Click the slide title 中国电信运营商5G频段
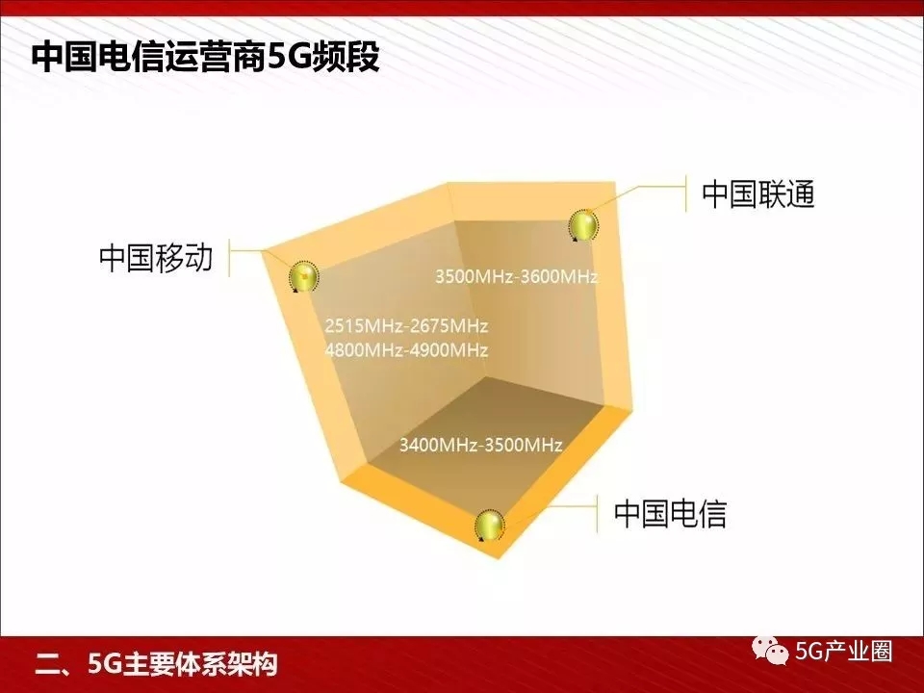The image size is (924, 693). click(206, 57)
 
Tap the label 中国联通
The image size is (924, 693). click(758, 193)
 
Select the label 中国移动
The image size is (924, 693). click(156, 258)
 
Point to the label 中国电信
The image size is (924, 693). click(671, 513)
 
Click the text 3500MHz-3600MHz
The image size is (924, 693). click(517, 276)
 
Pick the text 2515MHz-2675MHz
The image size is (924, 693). click(406, 325)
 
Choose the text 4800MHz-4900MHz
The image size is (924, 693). click(406, 350)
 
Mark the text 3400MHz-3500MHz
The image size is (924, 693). click(481, 445)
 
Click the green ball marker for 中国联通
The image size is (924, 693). click(583, 225)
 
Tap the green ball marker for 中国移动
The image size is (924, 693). click(303, 276)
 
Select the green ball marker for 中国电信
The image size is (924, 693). click(490, 525)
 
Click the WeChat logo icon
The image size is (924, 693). click(770, 652)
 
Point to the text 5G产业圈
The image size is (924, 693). click(844, 652)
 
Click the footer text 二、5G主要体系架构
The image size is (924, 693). click(156, 664)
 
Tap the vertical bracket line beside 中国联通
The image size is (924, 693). click(686, 193)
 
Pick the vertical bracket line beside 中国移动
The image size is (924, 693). click(229, 258)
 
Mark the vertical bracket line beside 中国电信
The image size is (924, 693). click(597, 513)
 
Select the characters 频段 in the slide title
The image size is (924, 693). click(346, 57)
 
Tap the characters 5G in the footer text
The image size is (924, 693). click(104, 664)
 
